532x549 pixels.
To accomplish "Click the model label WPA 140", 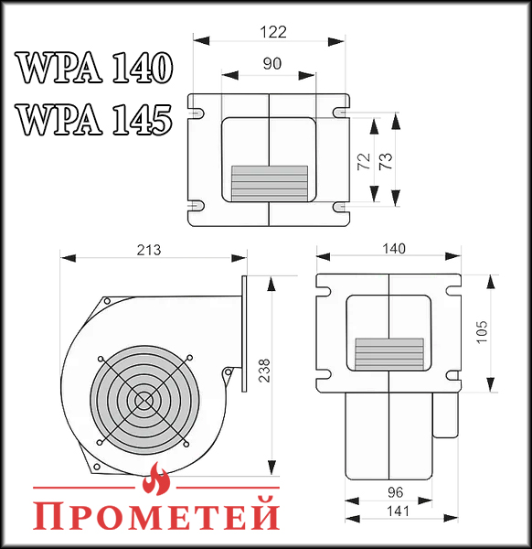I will point(94,69).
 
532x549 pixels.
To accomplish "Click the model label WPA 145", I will point(94,119).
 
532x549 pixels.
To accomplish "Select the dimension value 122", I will point(271,31).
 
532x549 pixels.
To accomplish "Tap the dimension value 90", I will point(271,63).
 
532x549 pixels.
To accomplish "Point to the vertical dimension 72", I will point(363,161).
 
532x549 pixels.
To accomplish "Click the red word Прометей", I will point(156,514).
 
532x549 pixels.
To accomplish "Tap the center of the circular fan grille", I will point(143,400).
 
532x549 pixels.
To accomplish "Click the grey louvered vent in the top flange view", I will point(270,183).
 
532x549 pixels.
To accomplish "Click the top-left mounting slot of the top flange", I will point(195,113).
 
